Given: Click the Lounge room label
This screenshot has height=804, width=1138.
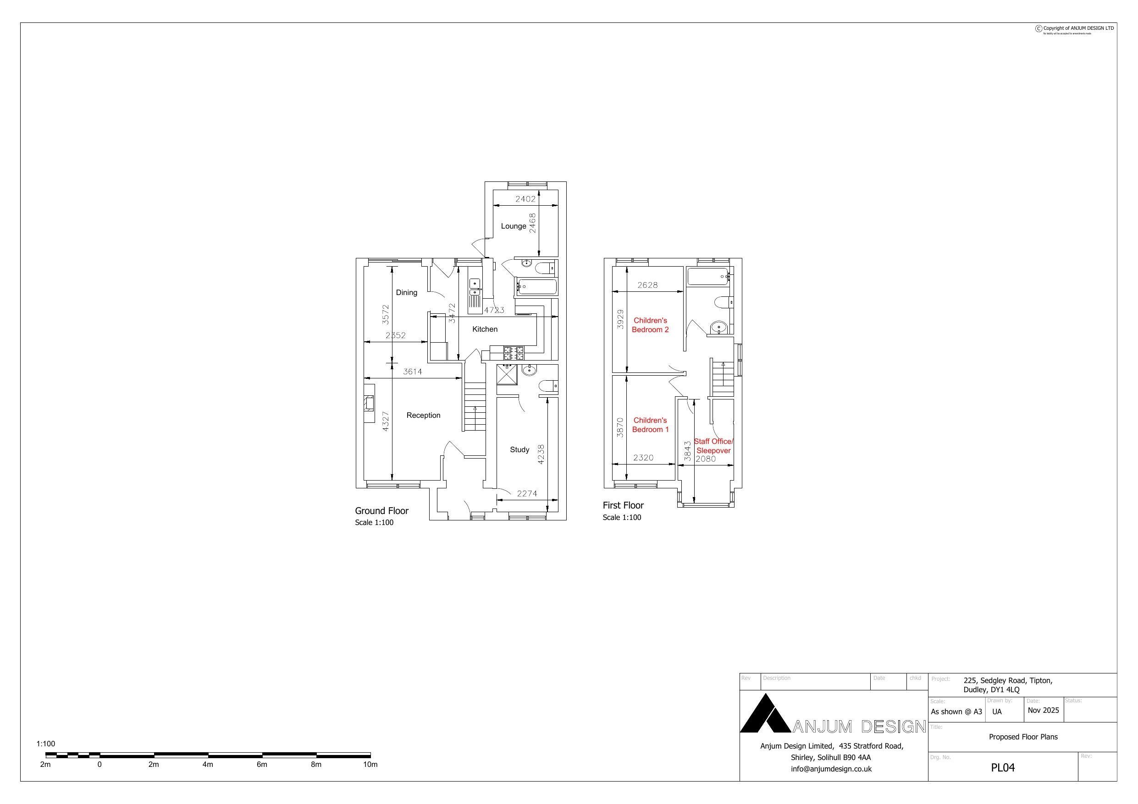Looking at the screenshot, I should [513, 226].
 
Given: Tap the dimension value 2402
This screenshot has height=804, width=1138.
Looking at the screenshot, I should [525, 199].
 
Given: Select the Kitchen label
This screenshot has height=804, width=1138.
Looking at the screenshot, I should [484, 329].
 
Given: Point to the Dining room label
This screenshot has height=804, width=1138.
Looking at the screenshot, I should [406, 292].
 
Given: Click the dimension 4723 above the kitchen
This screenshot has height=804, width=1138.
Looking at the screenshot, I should [494, 310].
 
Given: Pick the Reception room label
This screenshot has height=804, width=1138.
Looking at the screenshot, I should [423, 415].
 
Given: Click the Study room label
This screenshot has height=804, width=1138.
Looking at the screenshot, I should [519, 449].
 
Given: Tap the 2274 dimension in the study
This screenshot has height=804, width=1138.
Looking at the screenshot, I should [526, 493].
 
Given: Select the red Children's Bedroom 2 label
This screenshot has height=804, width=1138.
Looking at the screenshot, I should [650, 325].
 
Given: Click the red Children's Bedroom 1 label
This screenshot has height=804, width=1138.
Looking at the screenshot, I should [650, 425].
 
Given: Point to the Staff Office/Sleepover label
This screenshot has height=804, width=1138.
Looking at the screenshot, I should [713, 446].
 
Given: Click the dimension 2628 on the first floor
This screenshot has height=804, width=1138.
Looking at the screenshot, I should [647, 285].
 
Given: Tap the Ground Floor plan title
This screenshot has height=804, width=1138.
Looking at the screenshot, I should [381, 511].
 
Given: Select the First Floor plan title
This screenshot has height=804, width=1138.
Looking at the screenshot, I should [623, 505].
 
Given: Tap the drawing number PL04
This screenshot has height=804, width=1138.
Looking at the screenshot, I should [1002, 767].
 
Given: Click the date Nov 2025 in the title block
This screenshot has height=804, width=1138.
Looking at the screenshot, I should [1043, 710].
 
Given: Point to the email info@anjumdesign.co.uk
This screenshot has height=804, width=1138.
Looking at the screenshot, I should [831, 769].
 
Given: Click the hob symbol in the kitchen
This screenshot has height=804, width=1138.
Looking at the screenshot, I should [514, 353].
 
